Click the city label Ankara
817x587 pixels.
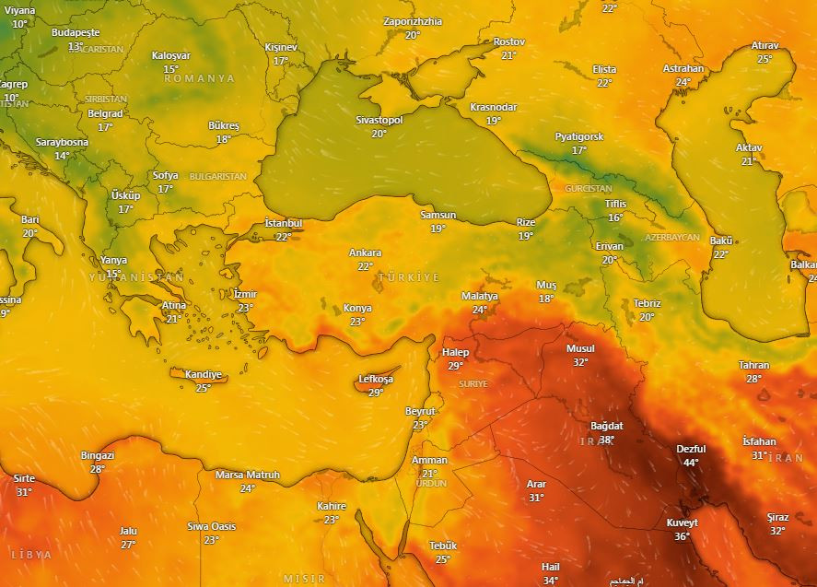pos(365,252)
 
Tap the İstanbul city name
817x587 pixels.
pos(283,223)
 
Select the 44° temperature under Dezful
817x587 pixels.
pos(690,462)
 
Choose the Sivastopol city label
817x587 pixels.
pos(379,121)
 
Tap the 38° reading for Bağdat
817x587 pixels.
pos(606,440)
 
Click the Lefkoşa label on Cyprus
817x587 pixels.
pos(376,380)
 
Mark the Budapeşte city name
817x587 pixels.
pos(76,32)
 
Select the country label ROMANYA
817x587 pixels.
pos(200,79)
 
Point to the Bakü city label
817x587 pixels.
pos(720,241)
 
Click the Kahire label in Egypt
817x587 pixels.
pos(332,506)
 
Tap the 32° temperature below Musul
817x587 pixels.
pos(580,362)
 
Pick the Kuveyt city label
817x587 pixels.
pos(682,523)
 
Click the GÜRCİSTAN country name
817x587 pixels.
pos(563,188)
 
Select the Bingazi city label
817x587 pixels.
pos(98,455)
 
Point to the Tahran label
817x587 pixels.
pos(753,365)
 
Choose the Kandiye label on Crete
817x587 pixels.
pos(204,374)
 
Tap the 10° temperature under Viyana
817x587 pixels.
pos(20,24)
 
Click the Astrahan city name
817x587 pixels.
pos(683,68)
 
